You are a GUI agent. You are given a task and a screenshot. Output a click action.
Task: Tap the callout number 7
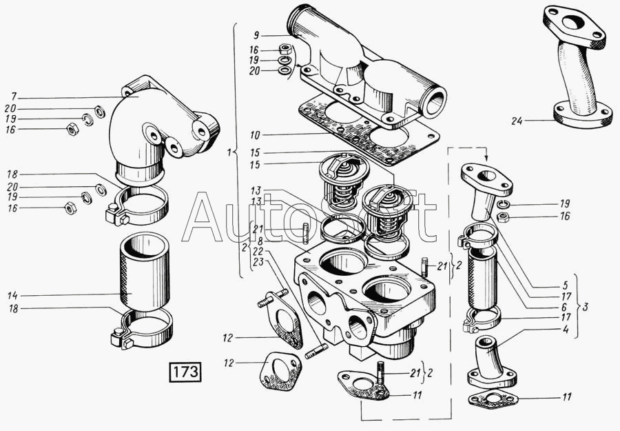pos(13,95)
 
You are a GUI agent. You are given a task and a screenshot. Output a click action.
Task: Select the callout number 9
pos(256,34)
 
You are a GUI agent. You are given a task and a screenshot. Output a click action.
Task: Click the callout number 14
pos(13,295)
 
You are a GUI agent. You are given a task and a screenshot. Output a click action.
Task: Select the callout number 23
pos(258,261)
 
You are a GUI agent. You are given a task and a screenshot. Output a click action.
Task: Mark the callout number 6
pos(564,307)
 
